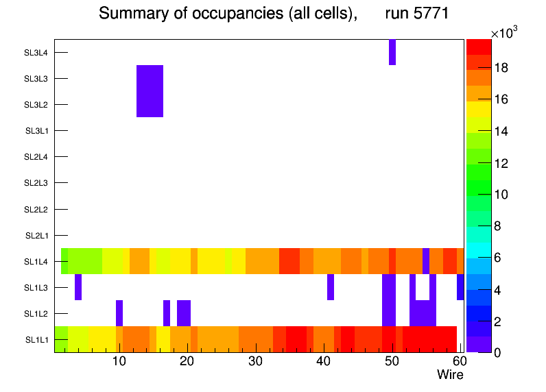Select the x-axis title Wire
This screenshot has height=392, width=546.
[x=450, y=375]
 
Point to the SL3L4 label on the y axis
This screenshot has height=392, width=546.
[x=36, y=52]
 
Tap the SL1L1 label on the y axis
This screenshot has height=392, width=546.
[x=37, y=340]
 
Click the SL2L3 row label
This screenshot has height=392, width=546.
[x=36, y=183]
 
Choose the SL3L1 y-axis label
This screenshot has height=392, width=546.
[x=37, y=131]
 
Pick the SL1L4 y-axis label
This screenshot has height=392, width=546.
[x=36, y=262]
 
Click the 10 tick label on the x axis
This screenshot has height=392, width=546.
[x=119, y=362]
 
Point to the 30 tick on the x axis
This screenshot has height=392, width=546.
[x=255, y=362]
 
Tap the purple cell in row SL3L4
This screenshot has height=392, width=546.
[x=392, y=52]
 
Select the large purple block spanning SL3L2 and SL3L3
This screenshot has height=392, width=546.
[x=150, y=91]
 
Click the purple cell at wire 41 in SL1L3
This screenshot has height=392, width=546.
[x=331, y=287]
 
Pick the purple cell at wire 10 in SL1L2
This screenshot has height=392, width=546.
[x=119, y=313]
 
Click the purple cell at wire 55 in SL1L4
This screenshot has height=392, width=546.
[x=426, y=260]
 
